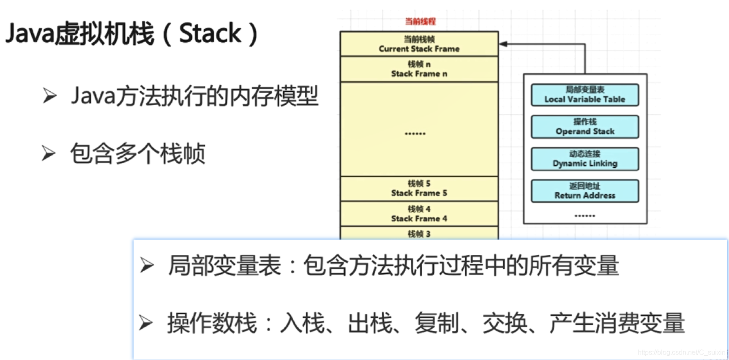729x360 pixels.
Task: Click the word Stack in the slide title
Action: (210, 34)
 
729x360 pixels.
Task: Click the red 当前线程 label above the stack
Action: (420, 22)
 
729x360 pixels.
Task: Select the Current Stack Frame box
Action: (419, 44)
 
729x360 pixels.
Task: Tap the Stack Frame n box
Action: (419, 69)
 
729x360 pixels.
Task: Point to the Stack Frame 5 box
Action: (419, 188)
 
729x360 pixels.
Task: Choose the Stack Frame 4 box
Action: (419, 214)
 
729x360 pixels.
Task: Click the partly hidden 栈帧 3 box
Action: (419, 234)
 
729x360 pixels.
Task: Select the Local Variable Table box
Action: (585, 95)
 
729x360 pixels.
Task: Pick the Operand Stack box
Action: (585, 127)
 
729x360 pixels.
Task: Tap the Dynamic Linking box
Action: (585, 159)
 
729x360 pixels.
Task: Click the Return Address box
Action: (585, 191)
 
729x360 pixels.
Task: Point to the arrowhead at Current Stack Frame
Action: (503, 44)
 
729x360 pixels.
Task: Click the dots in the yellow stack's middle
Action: (415, 134)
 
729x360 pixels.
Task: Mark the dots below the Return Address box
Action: (585, 216)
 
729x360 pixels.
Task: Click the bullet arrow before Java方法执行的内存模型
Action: (49, 96)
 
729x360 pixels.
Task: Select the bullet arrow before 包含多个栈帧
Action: (49, 153)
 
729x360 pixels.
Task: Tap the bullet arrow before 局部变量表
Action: (147, 265)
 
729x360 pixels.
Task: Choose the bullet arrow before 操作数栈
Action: (146, 323)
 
